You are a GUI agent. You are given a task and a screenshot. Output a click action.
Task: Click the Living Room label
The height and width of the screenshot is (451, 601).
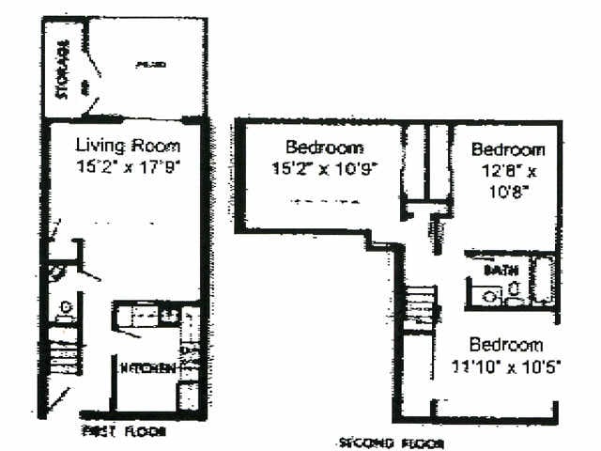click(127, 147)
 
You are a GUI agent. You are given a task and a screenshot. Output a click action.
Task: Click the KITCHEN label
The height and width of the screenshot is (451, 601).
click(146, 368)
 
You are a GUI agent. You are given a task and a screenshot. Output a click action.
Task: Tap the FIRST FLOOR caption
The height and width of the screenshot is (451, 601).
click(124, 431)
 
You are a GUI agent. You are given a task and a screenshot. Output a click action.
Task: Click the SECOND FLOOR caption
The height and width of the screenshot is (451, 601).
click(391, 442)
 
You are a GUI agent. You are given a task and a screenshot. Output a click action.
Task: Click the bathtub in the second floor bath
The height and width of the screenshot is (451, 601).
click(544, 280)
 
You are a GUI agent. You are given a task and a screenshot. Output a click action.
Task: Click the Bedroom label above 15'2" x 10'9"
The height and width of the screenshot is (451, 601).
click(324, 148)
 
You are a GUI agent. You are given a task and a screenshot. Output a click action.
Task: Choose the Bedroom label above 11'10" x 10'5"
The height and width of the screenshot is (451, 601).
click(506, 345)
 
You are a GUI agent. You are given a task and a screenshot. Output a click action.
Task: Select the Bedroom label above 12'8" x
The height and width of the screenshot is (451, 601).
click(508, 149)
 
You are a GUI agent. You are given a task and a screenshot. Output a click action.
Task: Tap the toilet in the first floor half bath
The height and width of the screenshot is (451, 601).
click(65, 308)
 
